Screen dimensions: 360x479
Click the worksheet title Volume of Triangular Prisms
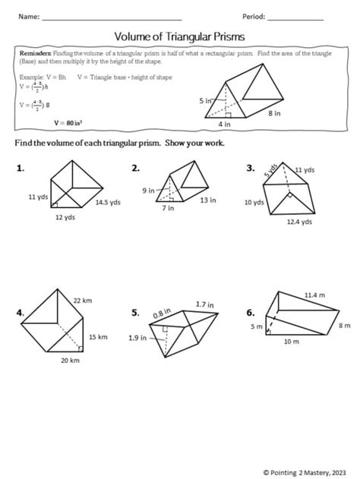coord(179,36)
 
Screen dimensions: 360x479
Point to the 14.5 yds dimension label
coord(108,202)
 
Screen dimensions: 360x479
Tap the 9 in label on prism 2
coord(148,191)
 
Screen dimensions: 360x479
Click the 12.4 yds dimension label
coord(298,222)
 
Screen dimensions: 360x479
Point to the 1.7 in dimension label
coord(203,304)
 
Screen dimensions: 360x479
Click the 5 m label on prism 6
coord(257,327)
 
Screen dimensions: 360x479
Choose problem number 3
coord(250,168)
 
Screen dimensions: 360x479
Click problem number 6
coord(250,312)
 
